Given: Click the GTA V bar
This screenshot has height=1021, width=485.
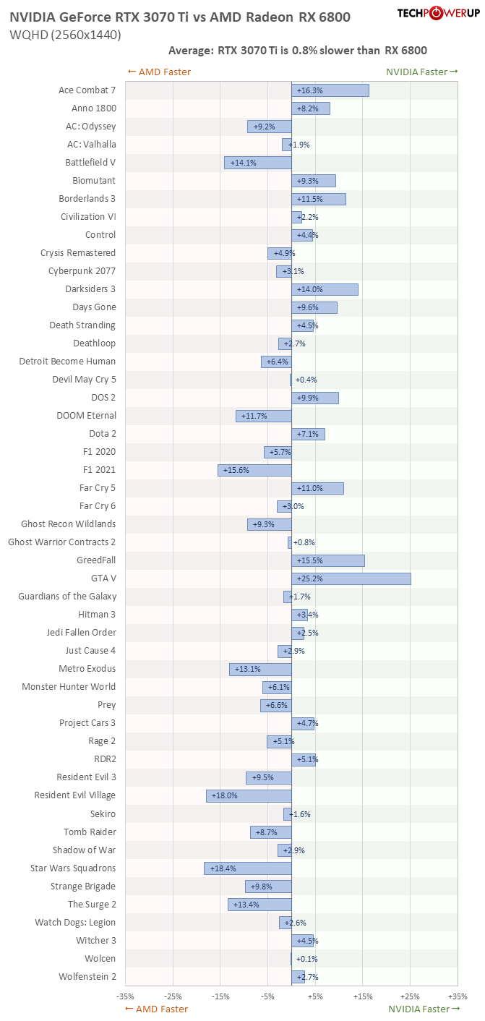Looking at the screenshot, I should point(351,578).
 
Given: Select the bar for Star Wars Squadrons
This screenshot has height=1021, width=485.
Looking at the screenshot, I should point(248,868).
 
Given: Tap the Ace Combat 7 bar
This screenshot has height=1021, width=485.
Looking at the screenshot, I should point(330,90).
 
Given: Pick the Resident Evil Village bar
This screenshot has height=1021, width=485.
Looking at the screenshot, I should point(249,795).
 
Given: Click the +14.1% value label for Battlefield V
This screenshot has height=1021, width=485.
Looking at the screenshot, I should point(244,163).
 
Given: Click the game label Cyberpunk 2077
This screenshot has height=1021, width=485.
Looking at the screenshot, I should point(82,271).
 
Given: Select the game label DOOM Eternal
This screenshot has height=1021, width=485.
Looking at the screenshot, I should point(86,416).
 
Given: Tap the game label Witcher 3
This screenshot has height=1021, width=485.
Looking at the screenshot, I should point(95,941).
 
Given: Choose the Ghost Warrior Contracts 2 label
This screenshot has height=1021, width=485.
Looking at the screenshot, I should point(61,542).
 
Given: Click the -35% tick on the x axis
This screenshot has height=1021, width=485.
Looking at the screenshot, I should point(126,996).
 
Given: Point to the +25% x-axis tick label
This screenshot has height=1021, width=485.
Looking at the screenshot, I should point(410,996).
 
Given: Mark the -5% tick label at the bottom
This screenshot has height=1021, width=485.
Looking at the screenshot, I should point(267,996).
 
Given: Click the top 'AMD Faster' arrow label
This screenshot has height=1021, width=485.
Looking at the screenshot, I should point(158,72).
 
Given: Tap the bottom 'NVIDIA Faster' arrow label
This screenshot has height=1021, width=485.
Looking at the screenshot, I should point(423,1009).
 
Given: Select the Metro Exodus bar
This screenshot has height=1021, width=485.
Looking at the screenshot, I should point(260,669).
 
